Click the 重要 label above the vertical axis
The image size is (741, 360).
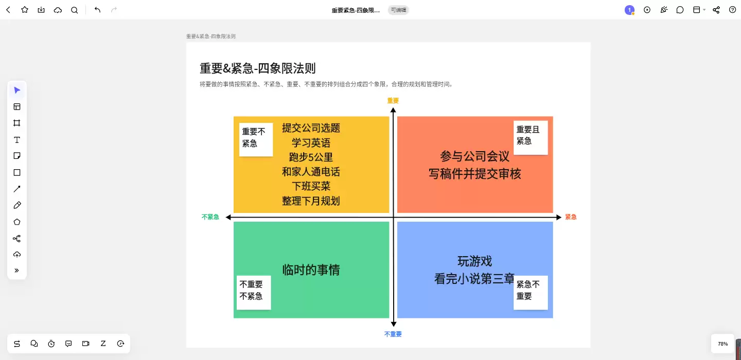pos(393,100)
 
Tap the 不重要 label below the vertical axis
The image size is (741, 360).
pos(393,334)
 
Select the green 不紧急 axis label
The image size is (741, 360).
pos(210,217)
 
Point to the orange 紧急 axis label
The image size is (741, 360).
pos(571,217)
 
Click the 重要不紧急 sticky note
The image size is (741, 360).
pos(256,139)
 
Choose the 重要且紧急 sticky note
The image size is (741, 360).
pos(531,137)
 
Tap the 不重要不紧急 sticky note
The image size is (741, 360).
pos(254,293)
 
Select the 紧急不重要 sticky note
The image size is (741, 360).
pos(531,293)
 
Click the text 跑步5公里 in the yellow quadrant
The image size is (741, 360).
pos(311,157)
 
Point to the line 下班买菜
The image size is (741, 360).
pos(311,186)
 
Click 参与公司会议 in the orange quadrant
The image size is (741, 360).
pos(474,156)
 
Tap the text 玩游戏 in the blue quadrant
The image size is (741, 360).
pos(474,261)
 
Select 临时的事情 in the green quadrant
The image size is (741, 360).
pos(311,270)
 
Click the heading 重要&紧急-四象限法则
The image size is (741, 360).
pos(257,68)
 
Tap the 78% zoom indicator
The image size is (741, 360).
pos(723,344)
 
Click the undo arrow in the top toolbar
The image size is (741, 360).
pos(97,10)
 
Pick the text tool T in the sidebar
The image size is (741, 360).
pos(17,140)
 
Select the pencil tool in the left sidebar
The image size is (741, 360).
pos(17,205)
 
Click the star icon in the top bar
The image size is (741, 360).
pos(25,10)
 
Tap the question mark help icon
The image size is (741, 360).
pos(732,10)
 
